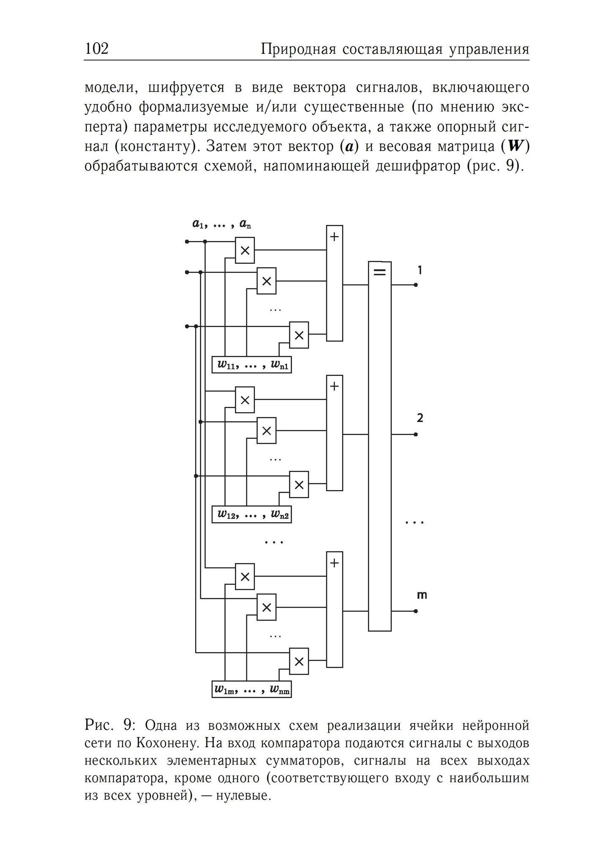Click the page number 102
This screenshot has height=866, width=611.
tap(97, 49)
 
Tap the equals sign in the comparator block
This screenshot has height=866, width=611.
tap(380, 272)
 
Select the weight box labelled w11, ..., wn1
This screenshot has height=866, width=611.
tap(252, 364)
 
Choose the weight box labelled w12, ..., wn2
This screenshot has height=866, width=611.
tap(252, 514)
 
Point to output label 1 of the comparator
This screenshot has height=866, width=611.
tap(420, 270)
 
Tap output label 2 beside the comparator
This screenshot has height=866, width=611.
tap(420, 418)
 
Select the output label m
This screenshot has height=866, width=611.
tap(422, 595)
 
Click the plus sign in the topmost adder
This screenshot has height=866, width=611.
tap(334, 236)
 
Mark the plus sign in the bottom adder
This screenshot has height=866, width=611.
tap(334, 563)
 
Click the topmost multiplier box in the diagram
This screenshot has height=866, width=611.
tap(245, 250)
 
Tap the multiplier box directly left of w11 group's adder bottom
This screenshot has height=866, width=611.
tap(299, 335)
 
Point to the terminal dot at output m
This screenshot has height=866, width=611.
tap(416, 611)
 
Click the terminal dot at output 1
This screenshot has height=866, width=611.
tap(416, 285)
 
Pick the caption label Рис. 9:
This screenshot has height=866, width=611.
tap(110, 725)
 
